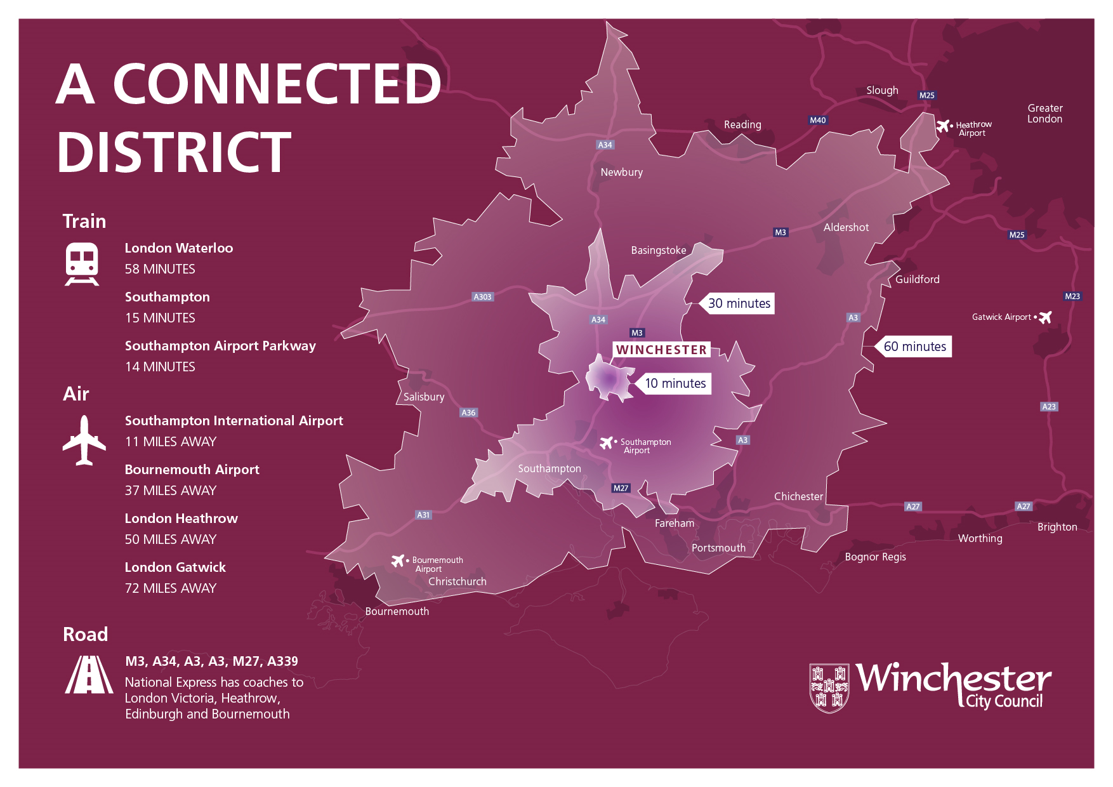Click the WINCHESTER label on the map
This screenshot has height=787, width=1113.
(661, 350)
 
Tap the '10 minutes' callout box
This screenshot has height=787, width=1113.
(675, 383)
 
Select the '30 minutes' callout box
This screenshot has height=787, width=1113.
(739, 303)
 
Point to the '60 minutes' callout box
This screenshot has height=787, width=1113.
(914, 347)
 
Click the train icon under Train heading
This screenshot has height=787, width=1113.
(82, 264)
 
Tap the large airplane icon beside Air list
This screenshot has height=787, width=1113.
(84, 440)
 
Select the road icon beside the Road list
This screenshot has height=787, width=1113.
(89, 675)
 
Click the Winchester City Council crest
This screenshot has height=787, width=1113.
(829, 688)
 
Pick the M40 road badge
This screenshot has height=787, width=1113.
(818, 120)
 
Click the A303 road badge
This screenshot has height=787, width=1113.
(483, 296)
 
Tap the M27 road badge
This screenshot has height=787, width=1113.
(621, 488)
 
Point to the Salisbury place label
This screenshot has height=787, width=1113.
(424, 397)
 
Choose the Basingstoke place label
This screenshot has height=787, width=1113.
(658, 250)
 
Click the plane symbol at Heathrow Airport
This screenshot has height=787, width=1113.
(943, 126)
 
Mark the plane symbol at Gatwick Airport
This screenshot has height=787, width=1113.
(1044, 317)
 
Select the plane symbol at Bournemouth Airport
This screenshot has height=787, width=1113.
(398, 560)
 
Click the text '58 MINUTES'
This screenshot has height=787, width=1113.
(160, 269)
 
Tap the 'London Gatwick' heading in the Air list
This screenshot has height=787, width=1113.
(175, 567)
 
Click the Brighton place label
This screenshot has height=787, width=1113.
(1057, 527)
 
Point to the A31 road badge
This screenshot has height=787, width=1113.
(423, 515)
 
